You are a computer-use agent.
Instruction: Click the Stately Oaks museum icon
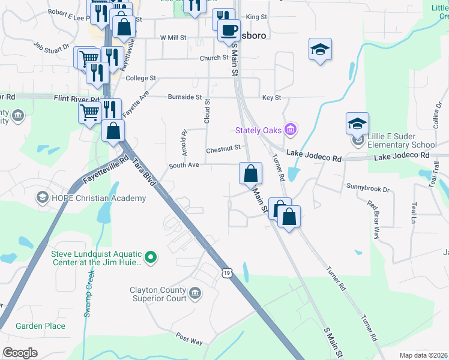pyautogui.click(x=291, y=129)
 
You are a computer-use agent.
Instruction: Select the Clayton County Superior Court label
pyautogui.click(x=158, y=294)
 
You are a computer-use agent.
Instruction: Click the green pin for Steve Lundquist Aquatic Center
pyautogui.click(x=151, y=258)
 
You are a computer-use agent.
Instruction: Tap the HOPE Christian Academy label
pyautogui.click(x=98, y=198)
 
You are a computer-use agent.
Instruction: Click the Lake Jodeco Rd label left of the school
pyautogui.click(x=313, y=154)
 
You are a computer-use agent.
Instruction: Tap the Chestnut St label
pyautogui.click(x=223, y=148)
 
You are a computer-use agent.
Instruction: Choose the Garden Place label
pyautogui.click(x=40, y=326)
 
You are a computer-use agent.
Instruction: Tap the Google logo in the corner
pyautogui.click(x=20, y=353)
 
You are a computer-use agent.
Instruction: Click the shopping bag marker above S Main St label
pyautogui.click(x=250, y=174)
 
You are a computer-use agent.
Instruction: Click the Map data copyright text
pyautogui.click(x=424, y=355)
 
